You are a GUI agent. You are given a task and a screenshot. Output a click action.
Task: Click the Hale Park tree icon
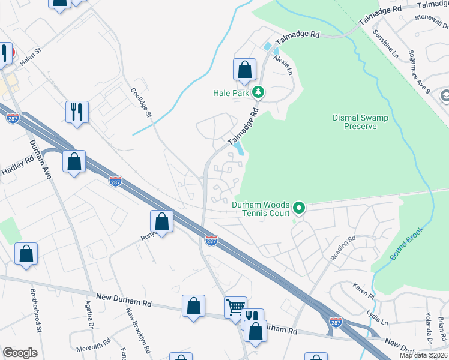(258, 92)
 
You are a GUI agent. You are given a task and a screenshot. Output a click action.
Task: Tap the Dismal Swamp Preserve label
(360, 122)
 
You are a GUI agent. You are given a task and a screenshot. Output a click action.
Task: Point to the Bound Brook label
(406, 244)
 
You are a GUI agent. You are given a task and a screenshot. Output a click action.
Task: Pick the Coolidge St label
(143, 104)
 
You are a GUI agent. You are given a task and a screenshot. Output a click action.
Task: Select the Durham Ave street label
(37, 158)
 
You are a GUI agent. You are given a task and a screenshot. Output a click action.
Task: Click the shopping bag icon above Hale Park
(244, 70)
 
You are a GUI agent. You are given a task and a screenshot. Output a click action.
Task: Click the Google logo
(20, 353)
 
